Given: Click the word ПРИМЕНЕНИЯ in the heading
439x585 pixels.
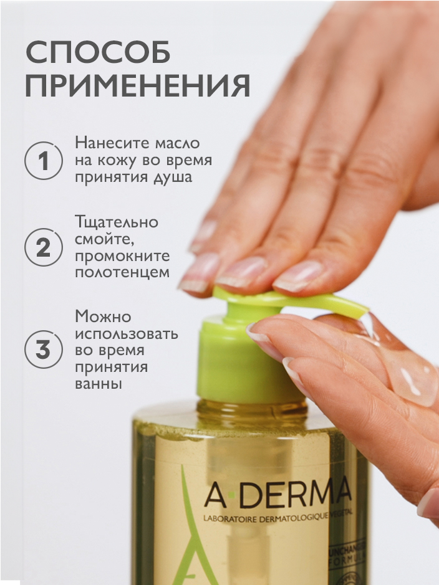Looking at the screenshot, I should [138, 87].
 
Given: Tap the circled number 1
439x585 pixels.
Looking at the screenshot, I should [43, 161].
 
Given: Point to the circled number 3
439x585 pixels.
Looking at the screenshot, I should [43, 350].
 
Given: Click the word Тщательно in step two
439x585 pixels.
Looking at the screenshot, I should [117, 222].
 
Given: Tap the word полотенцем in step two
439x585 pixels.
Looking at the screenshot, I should [122, 273].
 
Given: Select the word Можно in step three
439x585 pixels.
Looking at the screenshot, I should [102, 316].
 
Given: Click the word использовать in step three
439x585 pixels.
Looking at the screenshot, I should [127, 333].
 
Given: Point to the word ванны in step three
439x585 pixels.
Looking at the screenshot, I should [98, 384].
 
